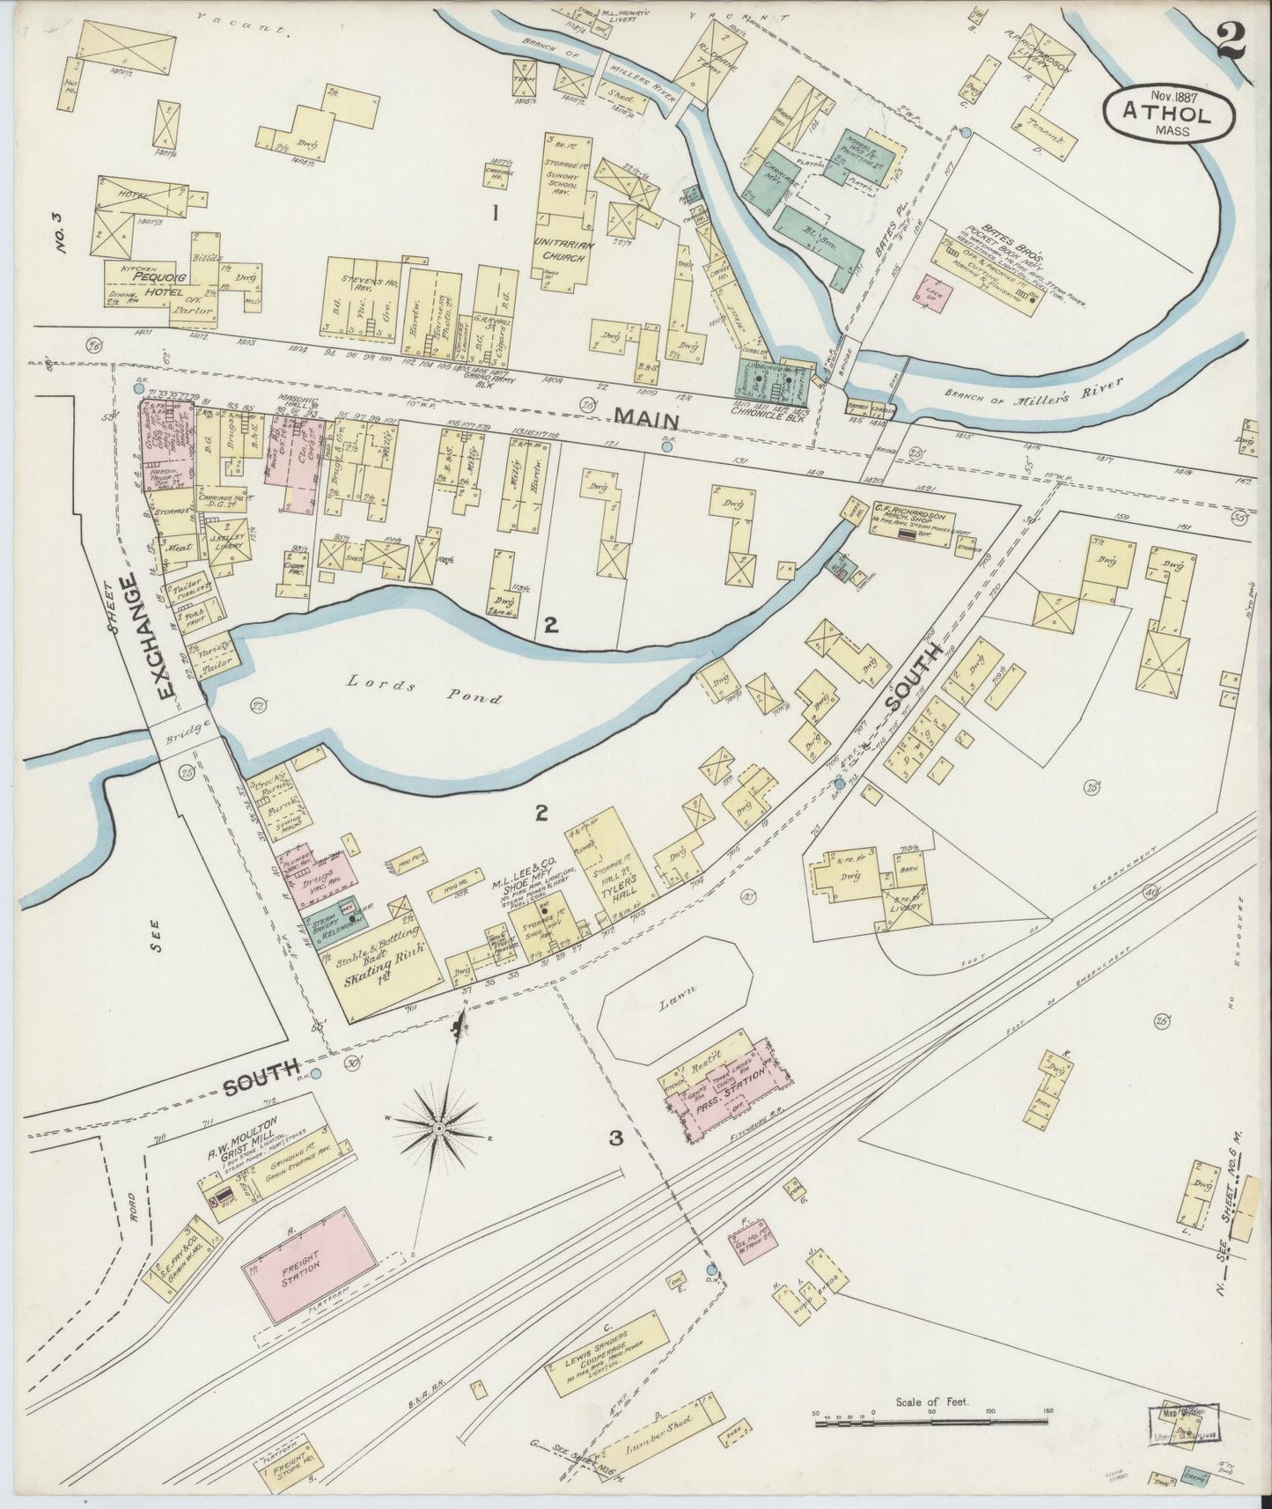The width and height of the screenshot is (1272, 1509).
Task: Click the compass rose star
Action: point(438,1126)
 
